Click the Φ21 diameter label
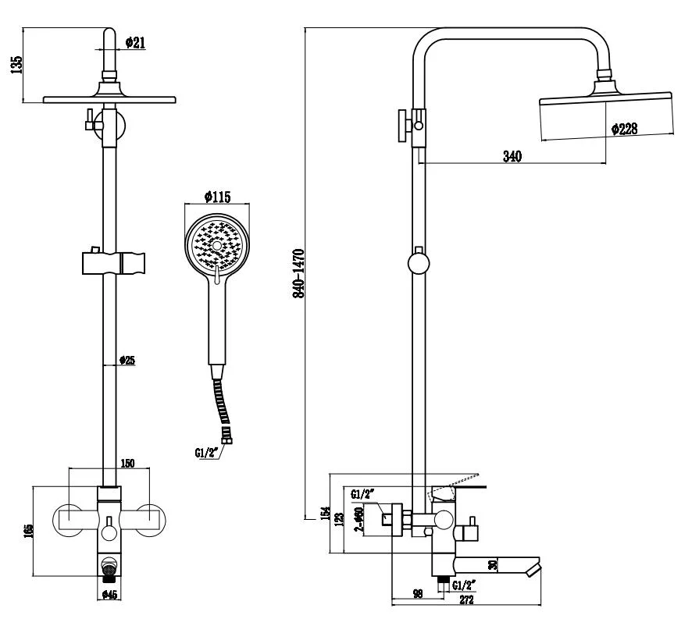[x=135, y=44]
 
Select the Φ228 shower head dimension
[x=624, y=130]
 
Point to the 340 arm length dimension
[x=512, y=155]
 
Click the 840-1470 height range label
[x=298, y=273]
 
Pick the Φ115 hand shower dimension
[x=217, y=197]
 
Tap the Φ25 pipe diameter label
[x=127, y=360]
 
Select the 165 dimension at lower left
[x=28, y=531]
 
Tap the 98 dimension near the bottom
[x=419, y=594]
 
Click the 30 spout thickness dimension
[x=492, y=564]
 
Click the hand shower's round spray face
[x=217, y=244]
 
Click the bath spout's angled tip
[x=533, y=567]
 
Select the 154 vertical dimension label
[x=324, y=516]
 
